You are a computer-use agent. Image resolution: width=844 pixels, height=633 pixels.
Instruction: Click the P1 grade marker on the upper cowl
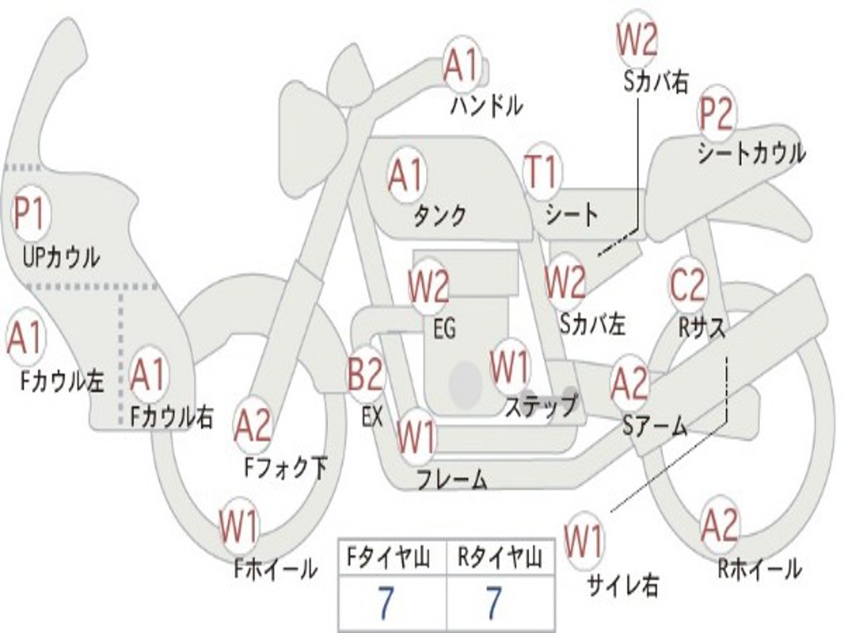(30, 213)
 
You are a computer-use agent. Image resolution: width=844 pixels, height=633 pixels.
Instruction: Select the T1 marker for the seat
(542, 171)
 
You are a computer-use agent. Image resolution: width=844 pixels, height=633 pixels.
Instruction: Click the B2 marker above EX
(365, 373)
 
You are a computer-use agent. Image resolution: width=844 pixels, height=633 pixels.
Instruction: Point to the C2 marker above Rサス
(688, 284)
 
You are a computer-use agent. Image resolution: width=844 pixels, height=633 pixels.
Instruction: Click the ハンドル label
(486, 105)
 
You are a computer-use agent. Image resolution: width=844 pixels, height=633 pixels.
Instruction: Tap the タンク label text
(439, 215)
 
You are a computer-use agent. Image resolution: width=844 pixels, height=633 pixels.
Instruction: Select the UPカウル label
(61, 257)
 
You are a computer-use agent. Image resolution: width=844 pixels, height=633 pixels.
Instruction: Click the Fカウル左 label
(62, 381)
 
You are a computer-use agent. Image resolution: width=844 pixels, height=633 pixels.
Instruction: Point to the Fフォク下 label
(286, 467)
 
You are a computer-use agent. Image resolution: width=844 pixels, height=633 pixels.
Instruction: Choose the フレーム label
(452, 479)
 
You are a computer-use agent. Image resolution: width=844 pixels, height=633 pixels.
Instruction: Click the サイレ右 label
(623, 584)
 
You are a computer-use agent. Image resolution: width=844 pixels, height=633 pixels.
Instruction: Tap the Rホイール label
(759, 569)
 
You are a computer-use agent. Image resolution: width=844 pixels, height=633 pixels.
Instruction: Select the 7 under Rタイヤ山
(494, 602)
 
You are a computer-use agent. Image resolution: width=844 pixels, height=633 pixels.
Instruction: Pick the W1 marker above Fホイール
(238, 525)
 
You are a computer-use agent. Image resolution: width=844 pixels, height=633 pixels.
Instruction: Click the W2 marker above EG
(429, 286)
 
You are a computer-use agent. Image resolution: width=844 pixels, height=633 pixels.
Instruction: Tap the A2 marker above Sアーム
(630, 382)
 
